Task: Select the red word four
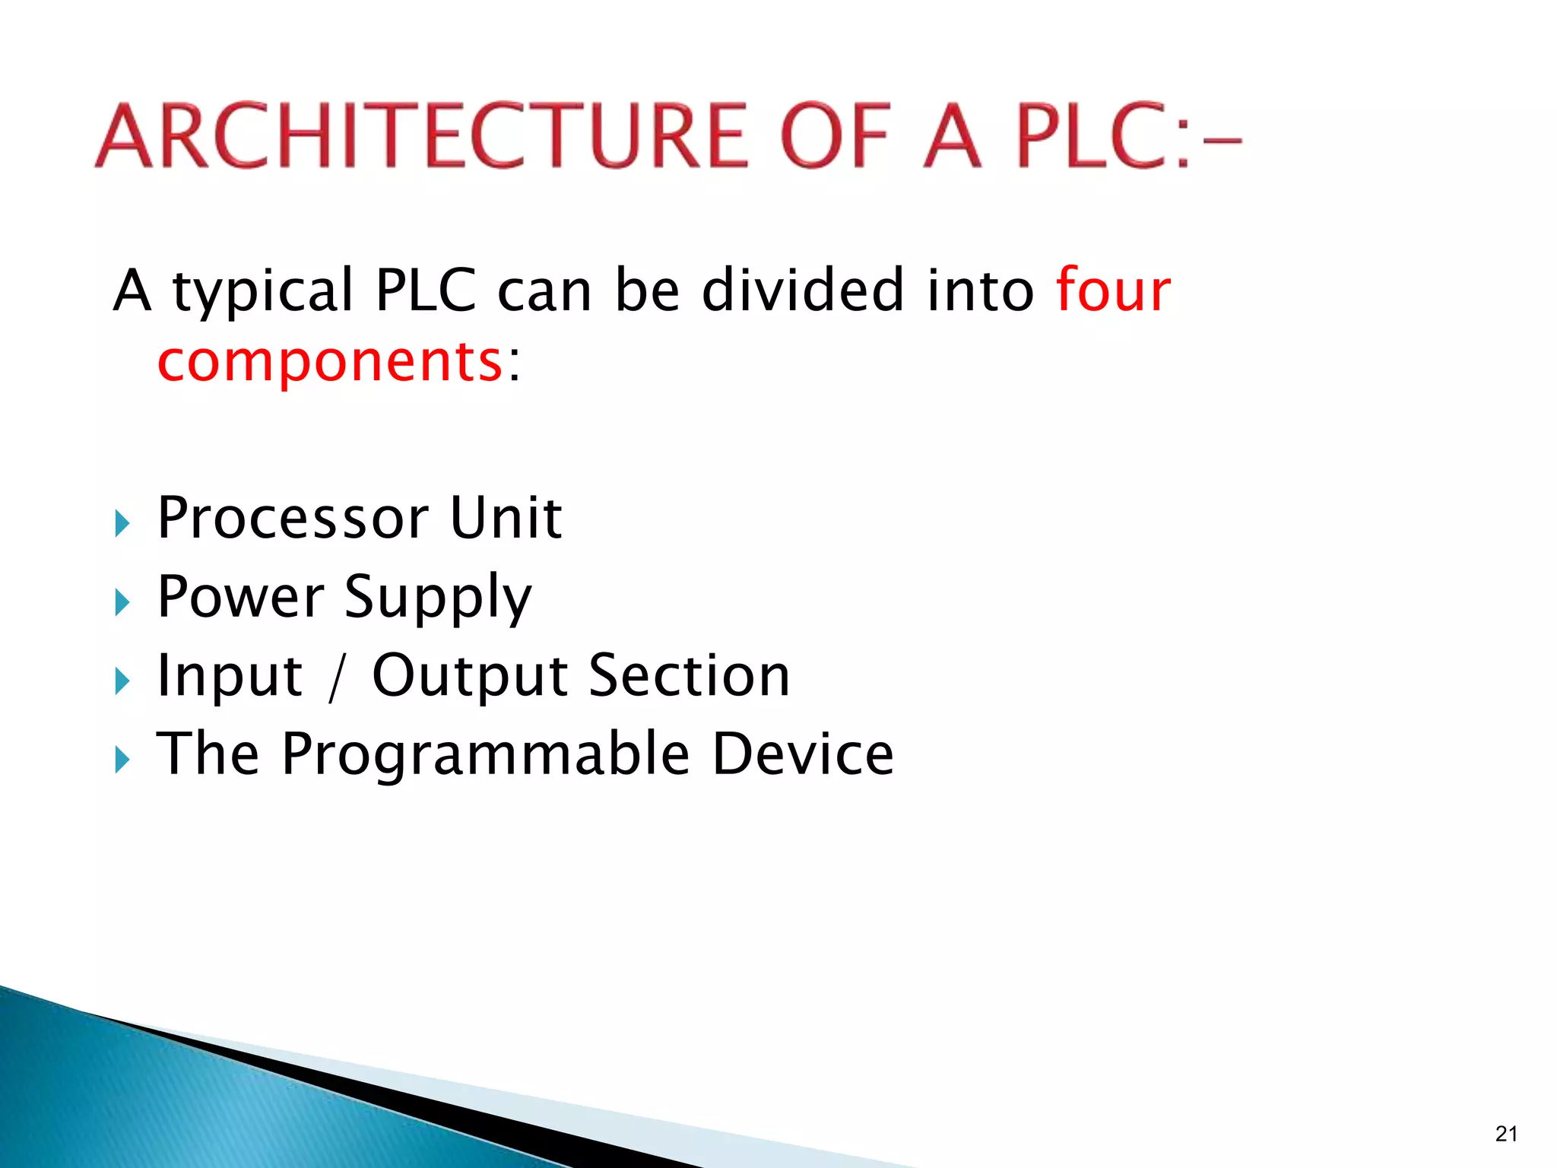pyautogui.click(x=1113, y=290)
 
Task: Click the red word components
pyautogui.click(x=330, y=360)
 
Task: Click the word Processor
pyautogui.click(x=293, y=518)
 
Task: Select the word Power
pyautogui.click(x=241, y=596)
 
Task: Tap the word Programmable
pyautogui.click(x=486, y=754)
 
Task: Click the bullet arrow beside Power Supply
pyautogui.click(x=122, y=602)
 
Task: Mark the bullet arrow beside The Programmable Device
pyautogui.click(x=122, y=759)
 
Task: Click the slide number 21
pyautogui.click(x=1506, y=1134)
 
